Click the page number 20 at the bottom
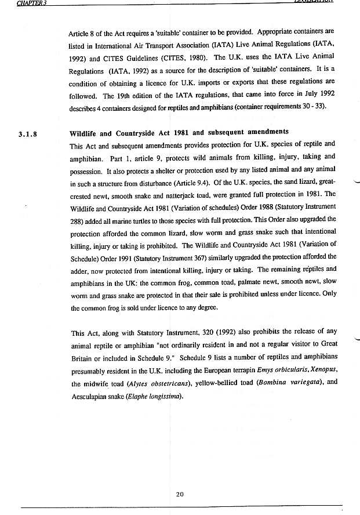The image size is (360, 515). pyautogui.click(x=180, y=494)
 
